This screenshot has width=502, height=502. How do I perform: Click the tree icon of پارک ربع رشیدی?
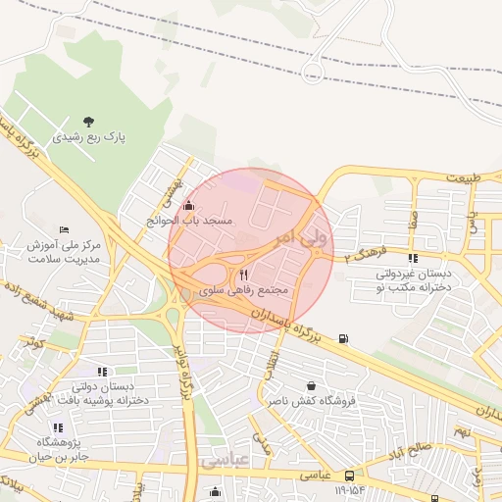[x=89, y=121]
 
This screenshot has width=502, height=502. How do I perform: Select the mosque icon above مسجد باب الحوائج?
[x=188, y=206]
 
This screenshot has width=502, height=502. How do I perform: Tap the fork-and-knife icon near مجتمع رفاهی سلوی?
[x=243, y=276]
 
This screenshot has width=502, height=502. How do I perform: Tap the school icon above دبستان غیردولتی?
[x=413, y=258]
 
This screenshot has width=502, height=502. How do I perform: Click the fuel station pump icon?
[x=342, y=338]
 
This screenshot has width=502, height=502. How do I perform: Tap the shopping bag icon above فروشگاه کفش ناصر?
[x=312, y=385]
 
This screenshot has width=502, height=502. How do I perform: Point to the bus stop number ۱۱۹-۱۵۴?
[x=350, y=489]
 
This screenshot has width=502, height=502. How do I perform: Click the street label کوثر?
[x=36, y=343]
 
